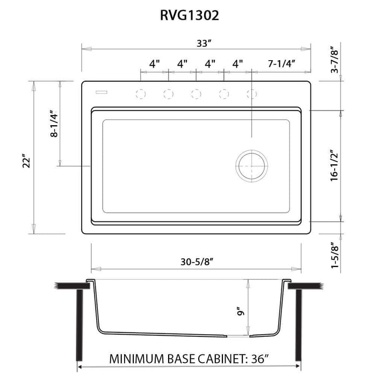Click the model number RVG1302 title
(188, 16)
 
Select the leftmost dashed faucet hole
(141, 95)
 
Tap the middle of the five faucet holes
(196, 95)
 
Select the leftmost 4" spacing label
(154, 63)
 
